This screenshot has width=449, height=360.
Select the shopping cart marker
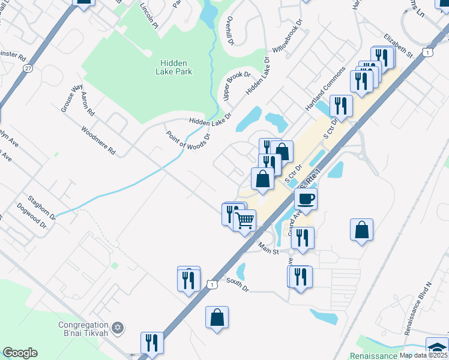pyautogui.click(x=245, y=221)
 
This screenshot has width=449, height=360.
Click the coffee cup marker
pyautogui.click(x=306, y=199)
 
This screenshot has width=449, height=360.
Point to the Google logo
pyautogui.click(x=20, y=353)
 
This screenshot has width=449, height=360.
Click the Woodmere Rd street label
pyautogui.click(x=98, y=140)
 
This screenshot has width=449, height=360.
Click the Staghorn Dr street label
pyautogui.click(x=42, y=206)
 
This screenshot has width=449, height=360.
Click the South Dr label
pyautogui.click(x=237, y=284)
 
